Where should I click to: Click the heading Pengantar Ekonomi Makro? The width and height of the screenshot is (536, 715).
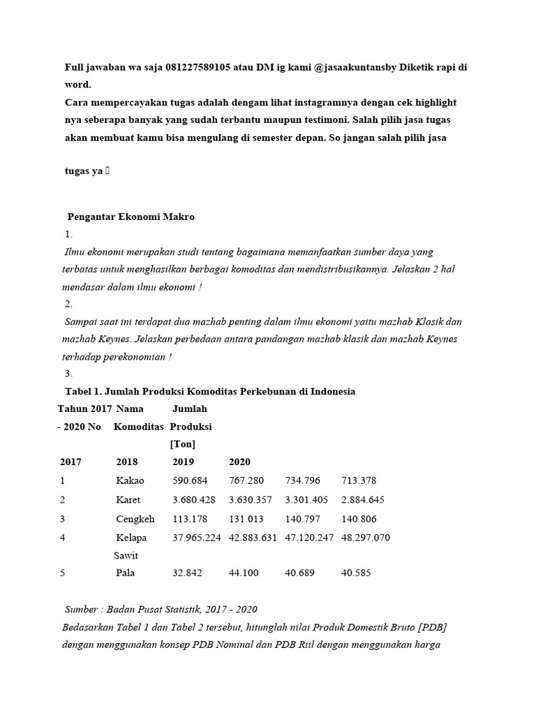(x=131, y=216)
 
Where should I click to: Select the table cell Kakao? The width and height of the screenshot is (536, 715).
(x=130, y=480)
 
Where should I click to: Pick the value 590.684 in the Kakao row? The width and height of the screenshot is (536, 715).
(x=191, y=480)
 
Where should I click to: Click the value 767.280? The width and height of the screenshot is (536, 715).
(x=248, y=480)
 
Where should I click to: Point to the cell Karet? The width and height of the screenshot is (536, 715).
(x=128, y=500)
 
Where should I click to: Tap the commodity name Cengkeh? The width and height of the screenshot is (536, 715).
(x=135, y=519)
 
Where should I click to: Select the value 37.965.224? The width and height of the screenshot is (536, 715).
(x=197, y=538)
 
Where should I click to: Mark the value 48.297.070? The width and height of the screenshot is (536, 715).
(x=366, y=538)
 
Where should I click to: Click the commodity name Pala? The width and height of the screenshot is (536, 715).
(x=126, y=573)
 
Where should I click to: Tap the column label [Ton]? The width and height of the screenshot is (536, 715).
(x=183, y=444)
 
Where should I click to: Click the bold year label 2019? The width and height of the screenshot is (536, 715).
(x=183, y=462)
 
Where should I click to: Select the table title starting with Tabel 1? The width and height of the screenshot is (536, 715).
(x=210, y=391)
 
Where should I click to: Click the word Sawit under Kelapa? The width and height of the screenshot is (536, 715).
(x=126, y=556)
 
